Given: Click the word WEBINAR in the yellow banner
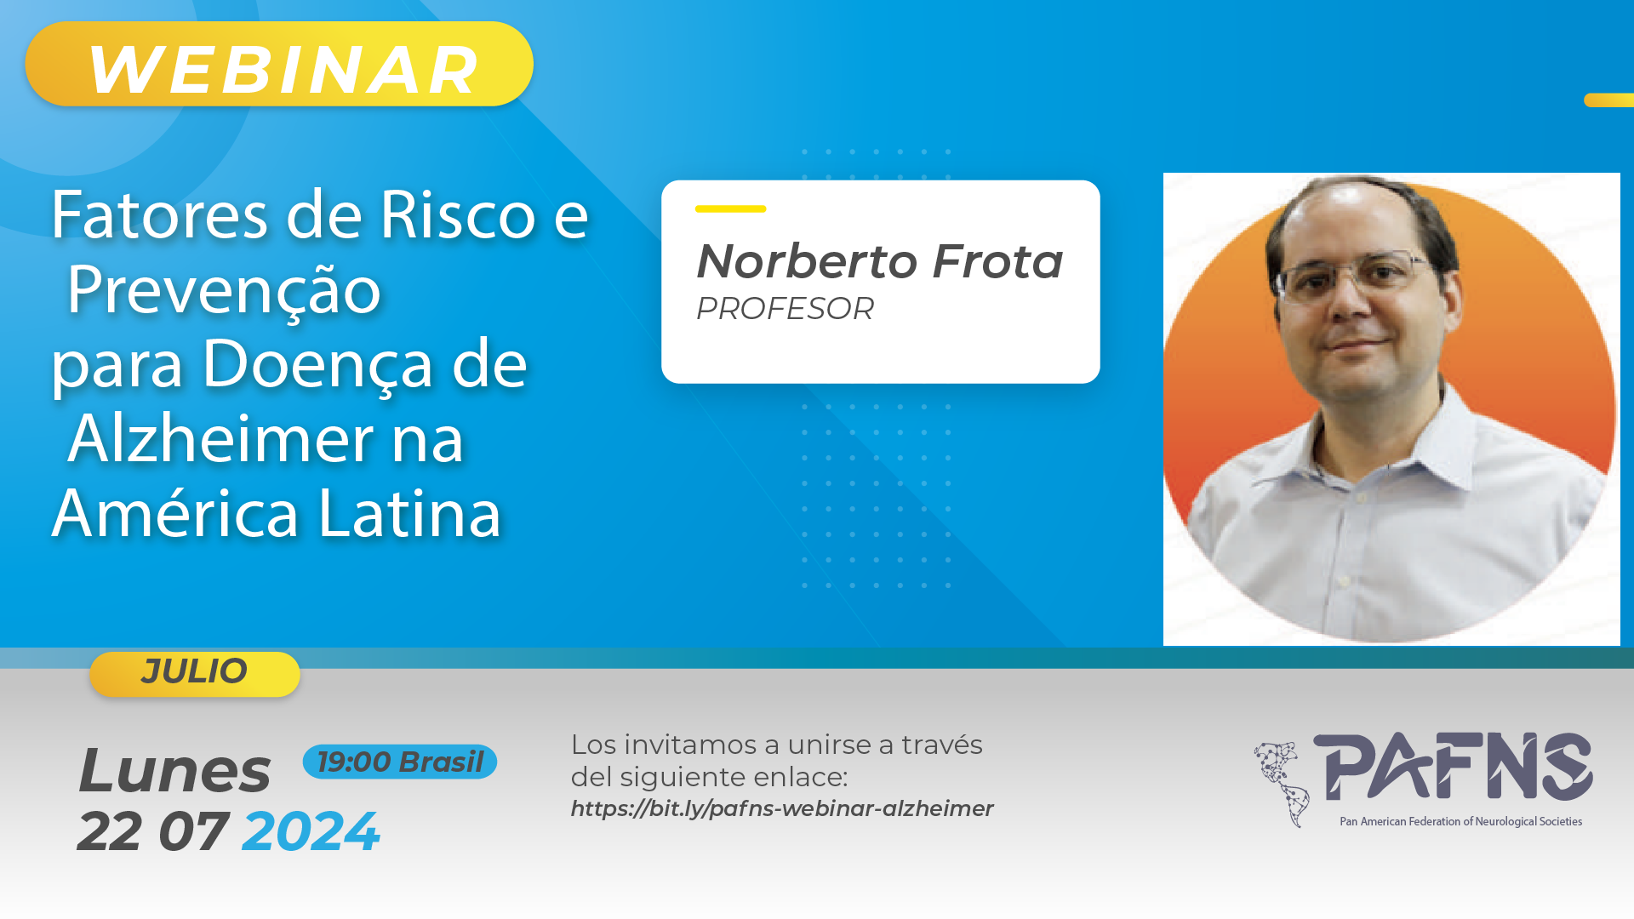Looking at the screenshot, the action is (x=284, y=70).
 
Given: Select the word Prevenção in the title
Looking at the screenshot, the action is (x=224, y=289).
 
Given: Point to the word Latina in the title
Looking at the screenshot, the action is (x=409, y=514).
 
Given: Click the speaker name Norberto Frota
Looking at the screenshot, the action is (x=880, y=260).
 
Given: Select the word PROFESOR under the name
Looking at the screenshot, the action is (x=785, y=309).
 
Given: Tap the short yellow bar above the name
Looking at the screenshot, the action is (x=730, y=208).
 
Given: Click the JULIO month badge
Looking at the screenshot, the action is (x=195, y=674).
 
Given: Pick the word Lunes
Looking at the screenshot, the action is (x=174, y=771).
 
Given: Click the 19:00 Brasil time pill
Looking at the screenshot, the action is (x=400, y=762).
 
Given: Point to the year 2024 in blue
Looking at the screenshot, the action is (x=311, y=831).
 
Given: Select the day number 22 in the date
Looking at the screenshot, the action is (x=110, y=831).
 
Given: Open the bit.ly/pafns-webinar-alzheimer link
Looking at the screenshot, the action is (x=782, y=808).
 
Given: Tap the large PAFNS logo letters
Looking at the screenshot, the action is (x=1453, y=766).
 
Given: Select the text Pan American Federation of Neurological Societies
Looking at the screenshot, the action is (x=1461, y=821).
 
